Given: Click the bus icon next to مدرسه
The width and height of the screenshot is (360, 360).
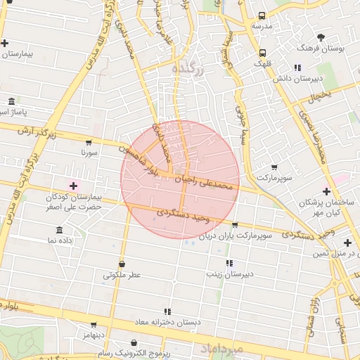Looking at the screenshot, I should coord(262,16).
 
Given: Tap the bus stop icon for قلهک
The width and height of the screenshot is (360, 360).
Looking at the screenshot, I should coord(262,53).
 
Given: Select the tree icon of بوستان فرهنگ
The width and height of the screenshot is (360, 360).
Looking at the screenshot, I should coord(321,37).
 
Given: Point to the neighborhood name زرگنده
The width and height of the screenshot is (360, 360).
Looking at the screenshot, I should coord(188,69).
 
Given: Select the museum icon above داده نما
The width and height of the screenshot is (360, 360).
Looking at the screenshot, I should coord(58,231).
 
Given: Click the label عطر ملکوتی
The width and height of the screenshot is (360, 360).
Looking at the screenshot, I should coord(122,275).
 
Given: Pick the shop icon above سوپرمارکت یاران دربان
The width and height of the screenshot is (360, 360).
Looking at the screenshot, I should coord(234,225).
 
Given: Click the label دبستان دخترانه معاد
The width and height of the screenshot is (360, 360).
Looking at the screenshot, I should coord(167,321).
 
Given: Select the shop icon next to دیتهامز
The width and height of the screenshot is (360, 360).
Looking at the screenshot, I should coord(94,326).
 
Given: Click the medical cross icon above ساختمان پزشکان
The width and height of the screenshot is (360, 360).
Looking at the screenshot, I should coord(326,191).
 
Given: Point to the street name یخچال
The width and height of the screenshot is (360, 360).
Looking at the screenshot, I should coord(320,94).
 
